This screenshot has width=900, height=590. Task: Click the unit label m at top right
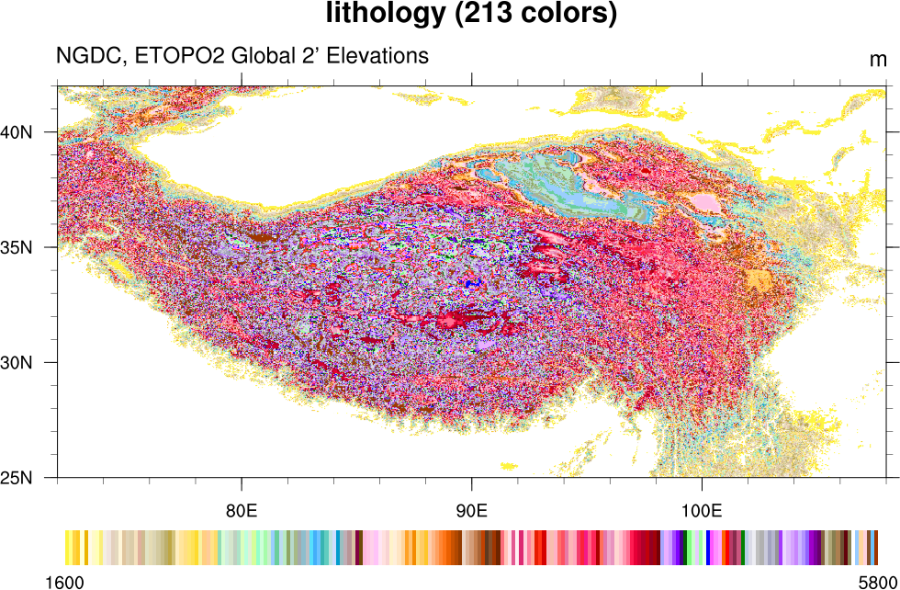(878, 60)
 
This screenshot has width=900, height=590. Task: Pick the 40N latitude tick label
(17, 132)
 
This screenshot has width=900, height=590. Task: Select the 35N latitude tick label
(17, 248)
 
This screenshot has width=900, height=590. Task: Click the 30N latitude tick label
(17, 363)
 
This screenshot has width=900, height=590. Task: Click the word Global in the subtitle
(259, 56)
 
